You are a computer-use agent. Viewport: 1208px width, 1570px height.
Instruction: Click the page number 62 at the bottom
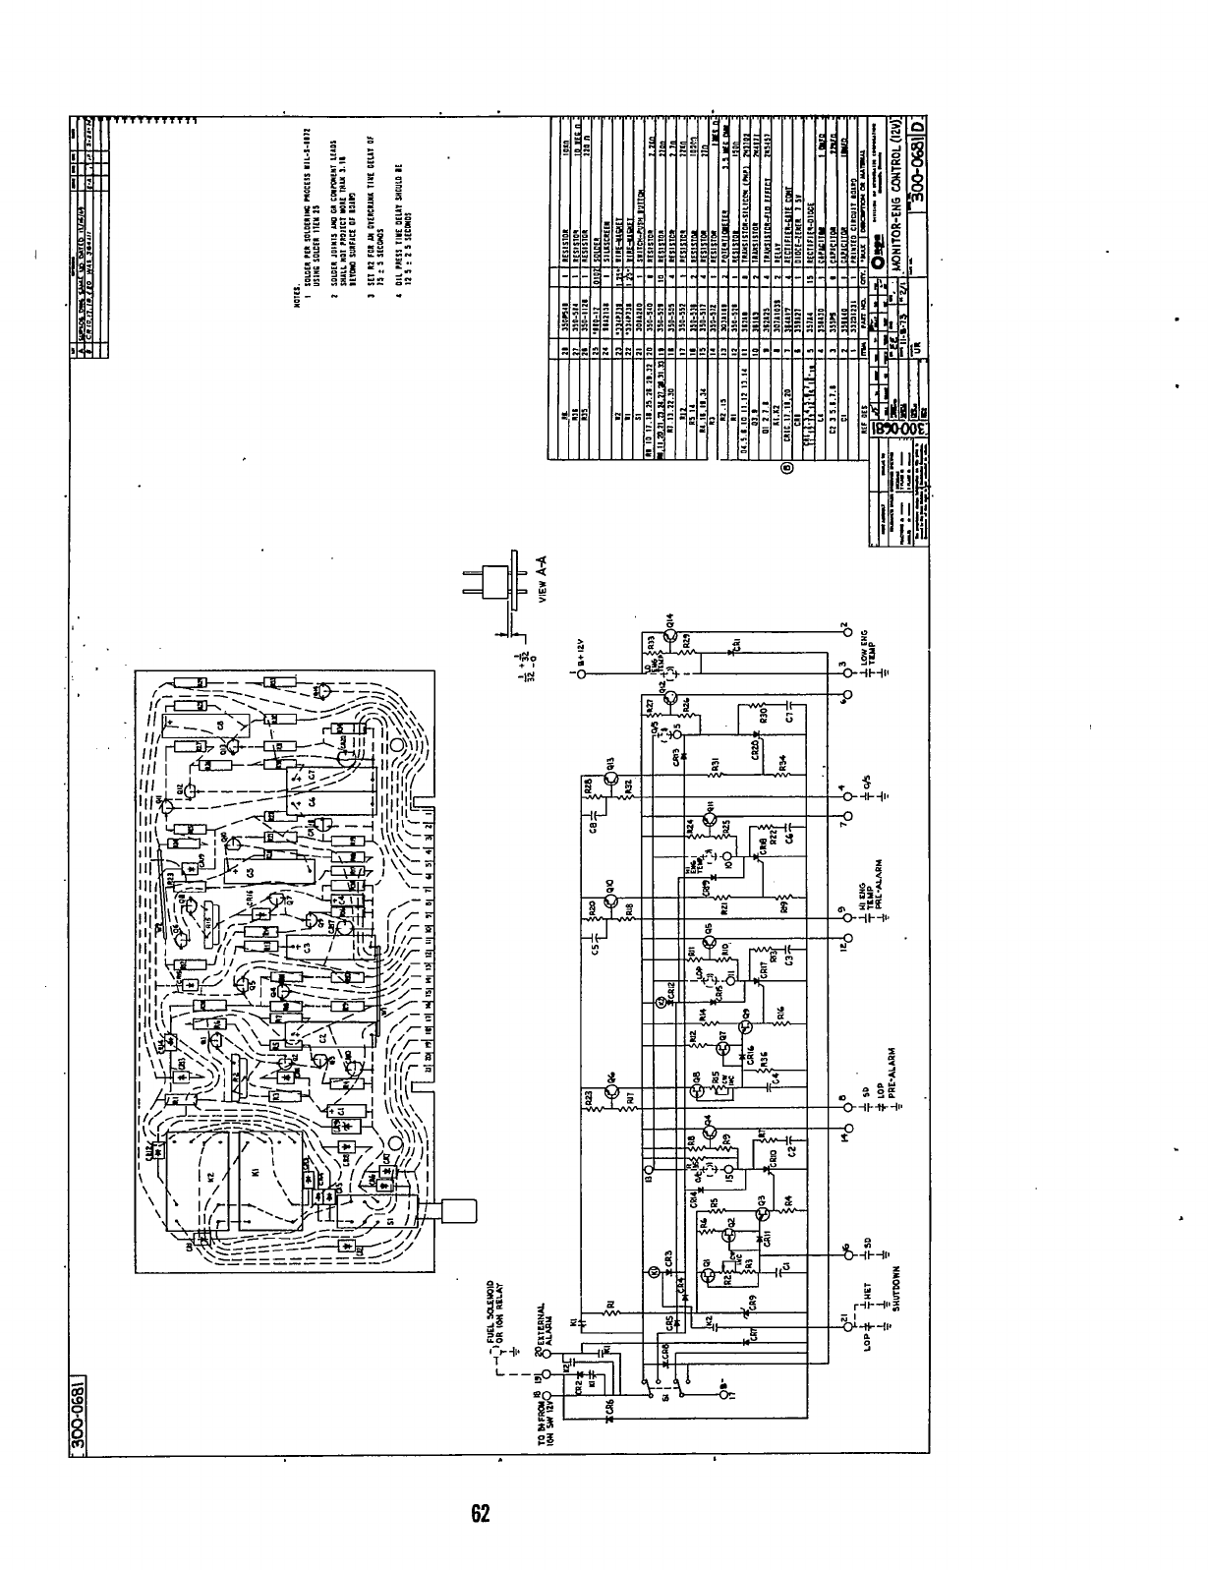[480, 1515]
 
